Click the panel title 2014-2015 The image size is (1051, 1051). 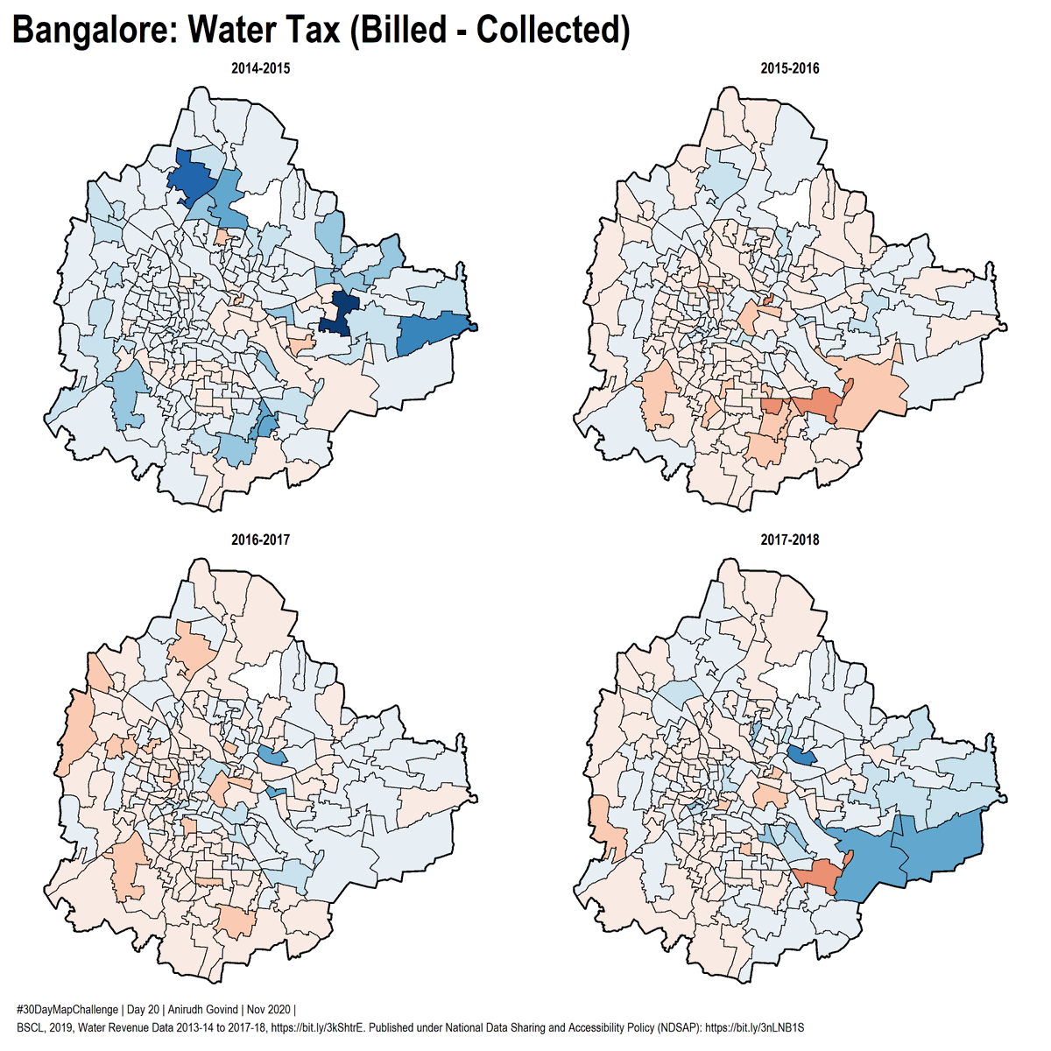[260, 68]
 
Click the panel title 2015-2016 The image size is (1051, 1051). [790, 68]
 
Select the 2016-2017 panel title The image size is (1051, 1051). [260, 540]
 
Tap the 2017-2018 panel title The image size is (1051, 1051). [790, 540]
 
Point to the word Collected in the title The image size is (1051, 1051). [554, 31]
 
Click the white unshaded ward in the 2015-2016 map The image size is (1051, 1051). [788, 206]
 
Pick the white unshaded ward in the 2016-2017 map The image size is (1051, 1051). [260, 679]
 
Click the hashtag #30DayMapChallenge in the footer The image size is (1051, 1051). [67, 1010]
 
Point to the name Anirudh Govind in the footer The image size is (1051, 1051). [201, 1010]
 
